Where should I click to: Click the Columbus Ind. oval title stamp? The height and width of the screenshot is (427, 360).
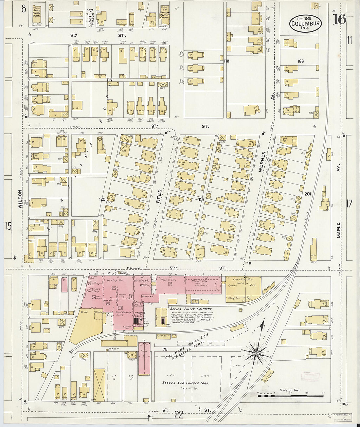305,24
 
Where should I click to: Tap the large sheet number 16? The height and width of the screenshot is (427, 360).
339,20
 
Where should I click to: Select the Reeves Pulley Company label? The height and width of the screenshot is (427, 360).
190,309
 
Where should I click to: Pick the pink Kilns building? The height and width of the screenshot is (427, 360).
144,358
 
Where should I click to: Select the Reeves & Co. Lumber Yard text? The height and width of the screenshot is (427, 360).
185,383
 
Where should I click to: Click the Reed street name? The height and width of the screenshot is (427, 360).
159,196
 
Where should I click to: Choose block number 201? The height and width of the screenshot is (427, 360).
307,194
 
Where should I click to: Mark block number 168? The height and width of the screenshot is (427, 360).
300,61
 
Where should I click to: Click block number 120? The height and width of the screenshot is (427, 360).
102,199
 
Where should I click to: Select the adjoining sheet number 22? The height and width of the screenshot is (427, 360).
179,415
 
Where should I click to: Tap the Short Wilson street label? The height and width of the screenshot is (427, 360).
92,19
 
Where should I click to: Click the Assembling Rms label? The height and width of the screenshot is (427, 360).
243,280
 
